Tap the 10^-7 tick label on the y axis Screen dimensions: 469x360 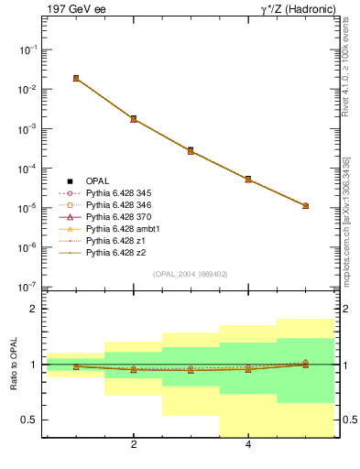coord(28,287)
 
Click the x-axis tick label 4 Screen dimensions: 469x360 coord(248,445)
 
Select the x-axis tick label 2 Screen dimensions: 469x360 coord(134,445)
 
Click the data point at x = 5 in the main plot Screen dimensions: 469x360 coord(305,206)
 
